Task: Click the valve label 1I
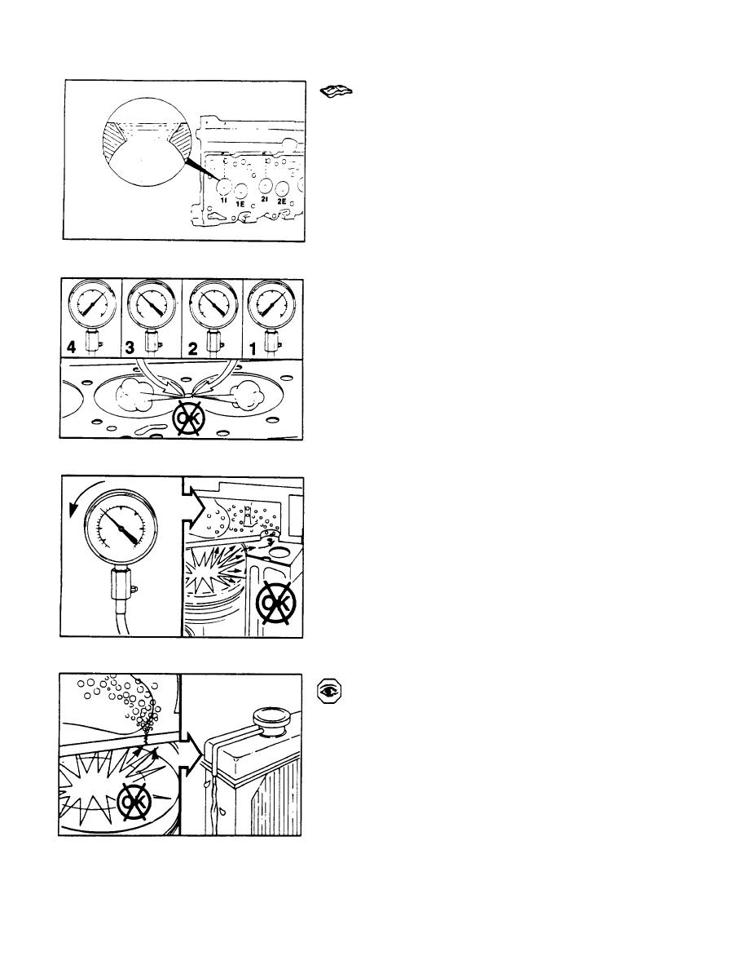pyautogui.click(x=224, y=201)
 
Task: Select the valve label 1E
pyautogui.click(x=240, y=203)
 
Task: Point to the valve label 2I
pyautogui.click(x=264, y=200)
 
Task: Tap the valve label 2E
pyautogui.click(x=281, y=201)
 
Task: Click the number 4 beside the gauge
pyautogui.click(x=72, y=347)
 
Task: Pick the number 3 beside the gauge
pyautogui.click(x=130, y=347)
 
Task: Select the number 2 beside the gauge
pyautogui.click(x=192, y=349)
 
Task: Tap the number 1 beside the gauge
pyautogui.click(x=253, y=349)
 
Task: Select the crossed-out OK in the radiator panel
pyautogui.click(x=135, y=801)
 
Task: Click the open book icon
pyautogui.click(x=337, y=91)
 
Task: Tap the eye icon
pyautogui.click(x=329, y=692)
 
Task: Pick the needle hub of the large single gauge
pyautogui.click(x=123, y=529)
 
